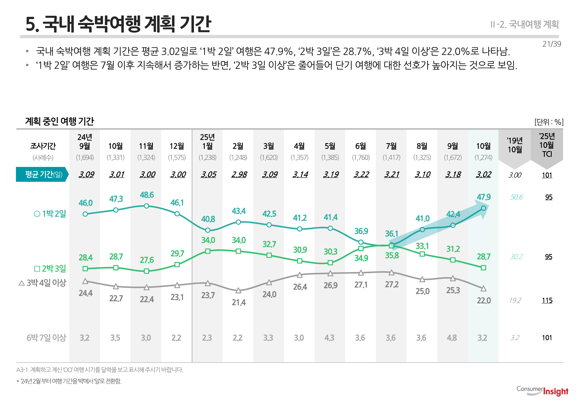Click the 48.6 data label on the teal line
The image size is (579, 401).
click(x=147, y=195)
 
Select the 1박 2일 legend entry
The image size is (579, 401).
click(x=50, y=214)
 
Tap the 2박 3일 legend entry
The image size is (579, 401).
click(x=50, y=269)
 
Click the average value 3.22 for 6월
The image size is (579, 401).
click(x=361, y=174)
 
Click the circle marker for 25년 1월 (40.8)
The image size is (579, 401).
click(x=208, y=230)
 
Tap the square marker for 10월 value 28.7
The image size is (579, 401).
click(x=483, y=268)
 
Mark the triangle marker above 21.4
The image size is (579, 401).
click(x=238, y=291)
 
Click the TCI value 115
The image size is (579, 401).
click(x=547, y=300)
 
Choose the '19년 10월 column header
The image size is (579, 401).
click(x=515, y=145)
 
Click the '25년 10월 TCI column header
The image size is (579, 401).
click(x=547, y=145)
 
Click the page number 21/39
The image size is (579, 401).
click(x=552, y=44)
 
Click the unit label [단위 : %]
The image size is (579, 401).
click(x=549, y=122)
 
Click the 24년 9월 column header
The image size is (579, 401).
click(x=85, y=142)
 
